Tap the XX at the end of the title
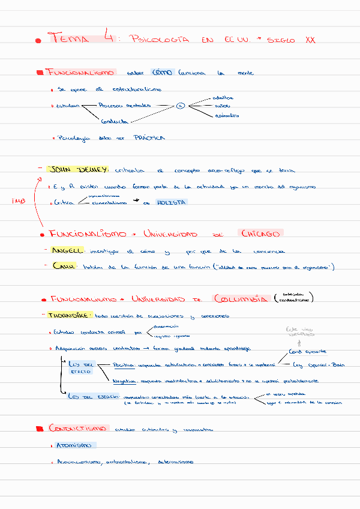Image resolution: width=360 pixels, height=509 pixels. point(310,40)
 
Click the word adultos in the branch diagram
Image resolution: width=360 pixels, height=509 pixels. point(223,97)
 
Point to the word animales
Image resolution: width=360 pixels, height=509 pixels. point(226,115)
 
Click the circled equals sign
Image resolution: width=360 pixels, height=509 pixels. point(180,106)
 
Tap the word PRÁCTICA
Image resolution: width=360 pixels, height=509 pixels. point(149,137)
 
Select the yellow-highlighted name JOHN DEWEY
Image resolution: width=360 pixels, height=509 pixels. point(77,169)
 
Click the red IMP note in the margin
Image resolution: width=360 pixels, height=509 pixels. point(19,201)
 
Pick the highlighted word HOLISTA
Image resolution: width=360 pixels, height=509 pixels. point(172,202)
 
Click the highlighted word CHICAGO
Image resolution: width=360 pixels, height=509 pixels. point(260,233)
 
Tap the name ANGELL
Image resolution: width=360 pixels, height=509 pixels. point(67,250)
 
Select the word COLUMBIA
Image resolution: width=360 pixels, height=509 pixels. point(239,298)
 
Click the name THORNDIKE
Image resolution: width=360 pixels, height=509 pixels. point(70,315)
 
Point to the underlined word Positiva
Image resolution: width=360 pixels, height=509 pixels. point(124,364)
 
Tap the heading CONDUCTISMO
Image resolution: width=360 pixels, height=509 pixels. point(79,429)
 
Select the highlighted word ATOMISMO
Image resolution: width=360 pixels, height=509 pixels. point(74,445)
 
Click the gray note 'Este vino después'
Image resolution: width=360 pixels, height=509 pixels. point(300,331)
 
